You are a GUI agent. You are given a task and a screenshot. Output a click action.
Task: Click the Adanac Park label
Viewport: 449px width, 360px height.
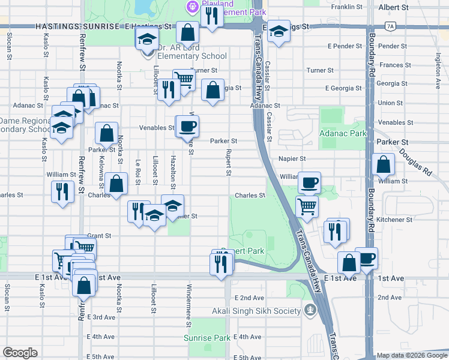pos(343,133)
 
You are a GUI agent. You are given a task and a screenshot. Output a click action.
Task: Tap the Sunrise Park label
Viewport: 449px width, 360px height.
pos(207,338)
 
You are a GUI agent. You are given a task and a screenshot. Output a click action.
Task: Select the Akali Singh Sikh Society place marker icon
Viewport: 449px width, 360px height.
pos(310,310)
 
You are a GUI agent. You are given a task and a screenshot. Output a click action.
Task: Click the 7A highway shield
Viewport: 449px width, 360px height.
pos(391,27)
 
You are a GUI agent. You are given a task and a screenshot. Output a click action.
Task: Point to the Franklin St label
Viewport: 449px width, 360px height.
pos(348,7)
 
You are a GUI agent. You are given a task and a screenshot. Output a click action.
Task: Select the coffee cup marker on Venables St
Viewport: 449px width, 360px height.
pos(187,125)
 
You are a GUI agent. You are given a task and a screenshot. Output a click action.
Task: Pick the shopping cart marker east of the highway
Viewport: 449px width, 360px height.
pos(307,206)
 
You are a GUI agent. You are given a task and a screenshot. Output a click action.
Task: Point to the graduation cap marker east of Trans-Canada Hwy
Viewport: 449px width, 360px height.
pos(278,32)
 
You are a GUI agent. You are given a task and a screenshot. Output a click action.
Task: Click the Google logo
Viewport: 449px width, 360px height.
pos(20,353)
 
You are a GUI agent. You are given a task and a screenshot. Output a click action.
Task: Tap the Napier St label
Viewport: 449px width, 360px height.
pos(292,159)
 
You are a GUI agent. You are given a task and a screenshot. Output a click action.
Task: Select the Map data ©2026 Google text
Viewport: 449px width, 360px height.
pos(411,355)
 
